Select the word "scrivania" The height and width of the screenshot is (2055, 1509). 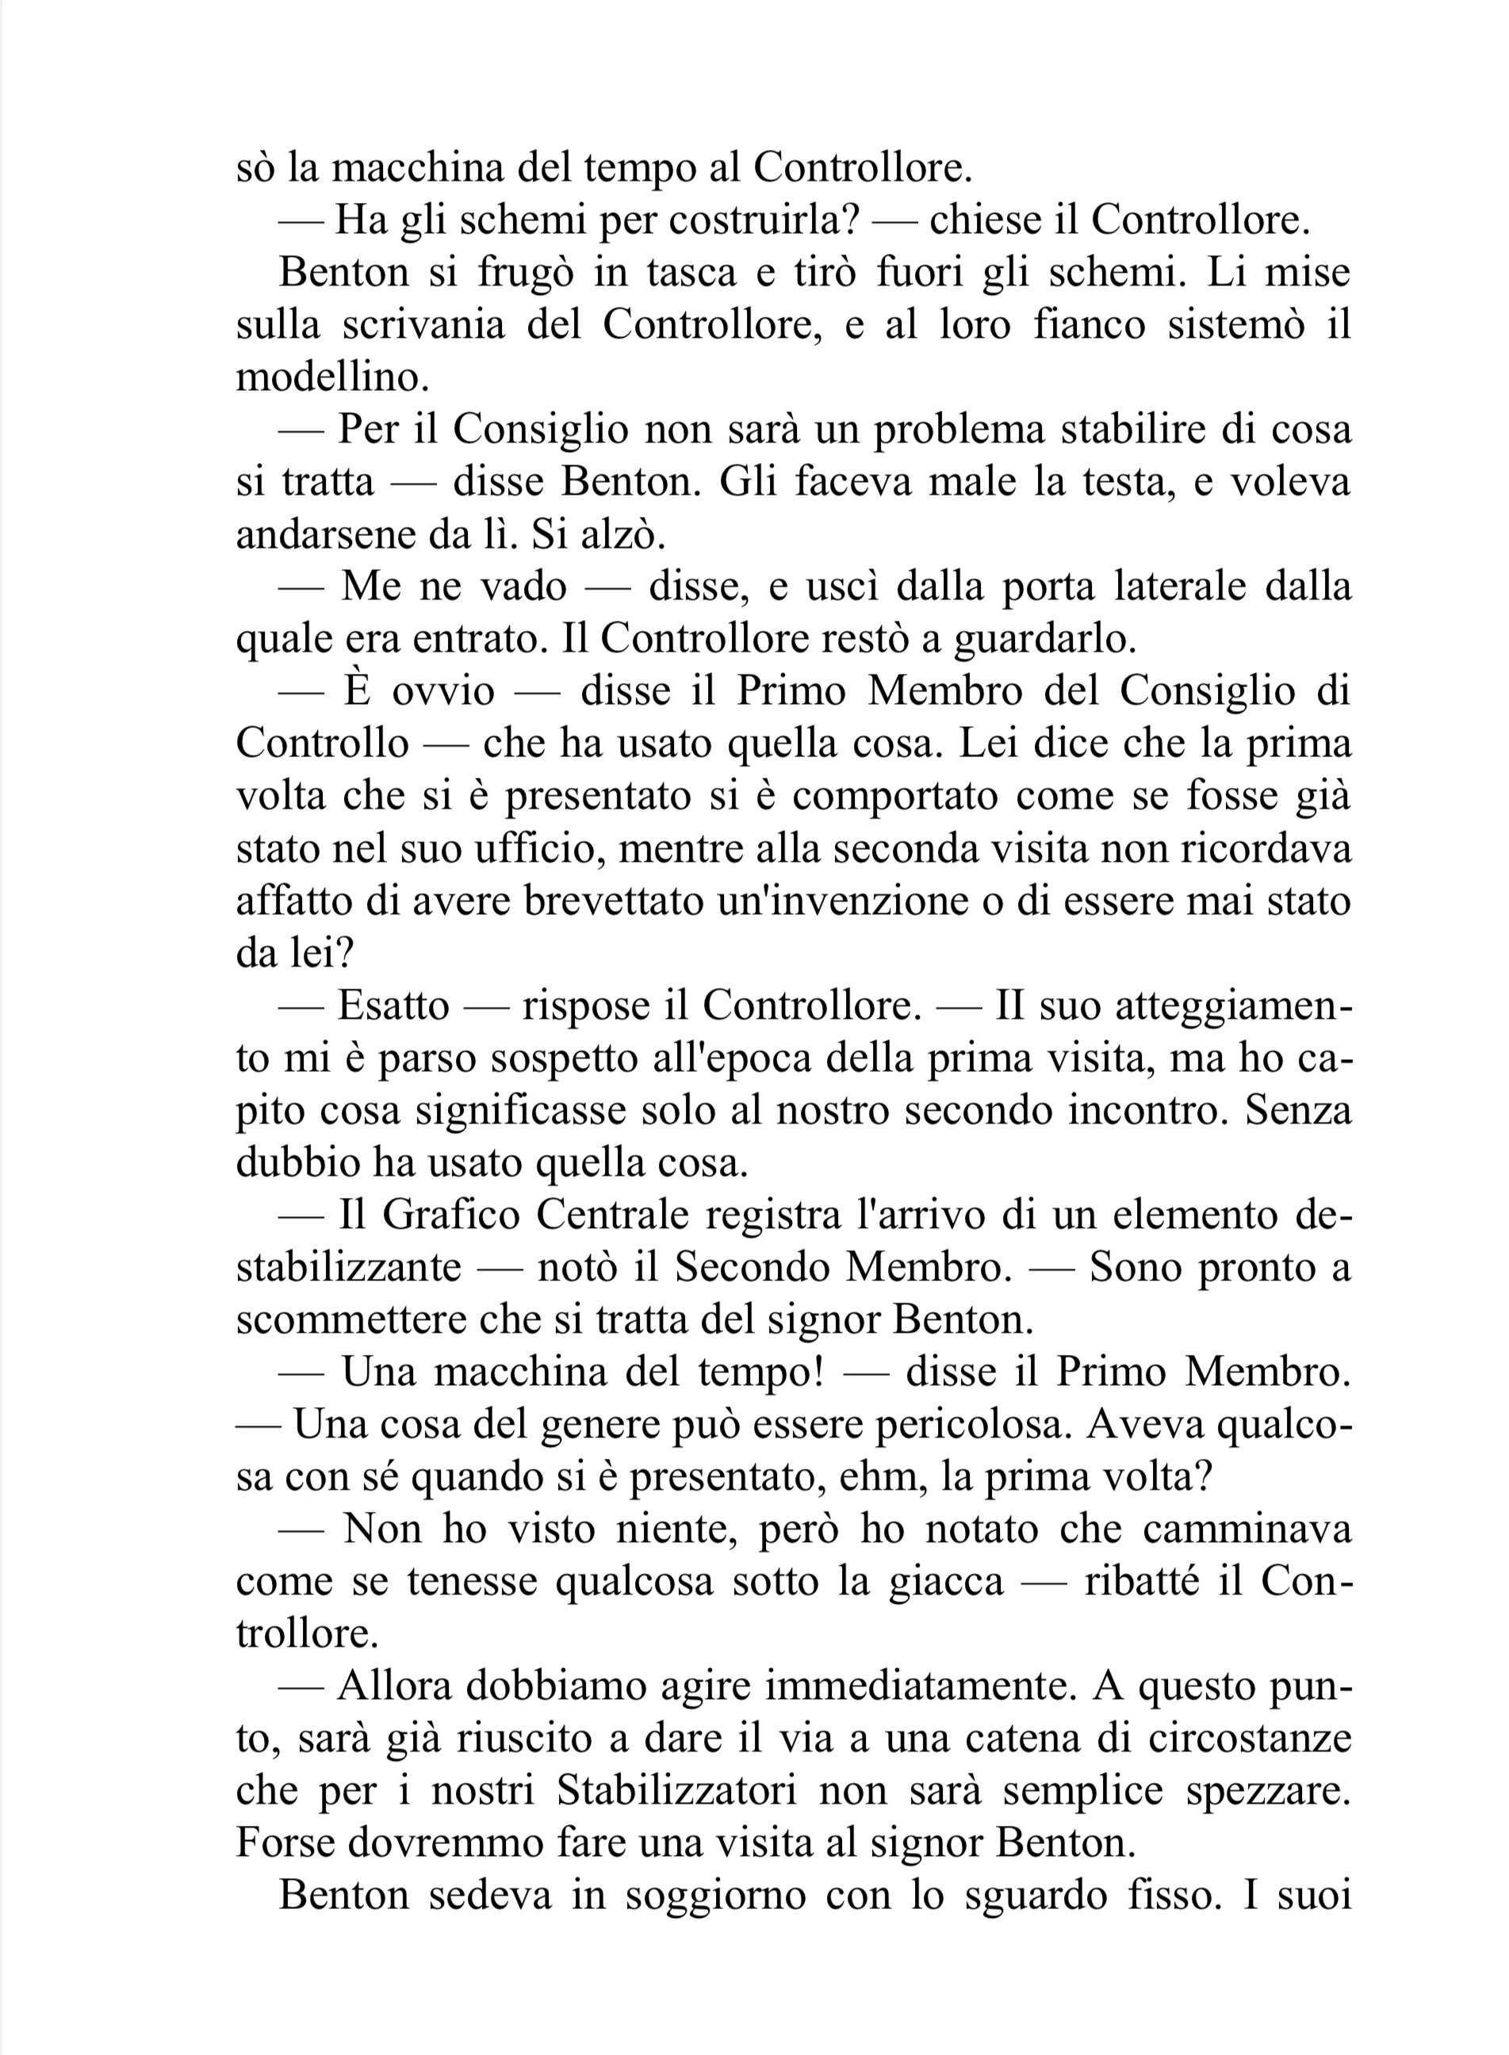coord(423,324)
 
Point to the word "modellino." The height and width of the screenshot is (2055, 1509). coord(332,377)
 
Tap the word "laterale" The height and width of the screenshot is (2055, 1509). coord(1179,587)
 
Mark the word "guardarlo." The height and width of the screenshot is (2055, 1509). coord(1045,639)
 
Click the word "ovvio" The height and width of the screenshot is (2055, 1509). coord(443,691)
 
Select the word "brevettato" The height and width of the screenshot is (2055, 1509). coord(615,901)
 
